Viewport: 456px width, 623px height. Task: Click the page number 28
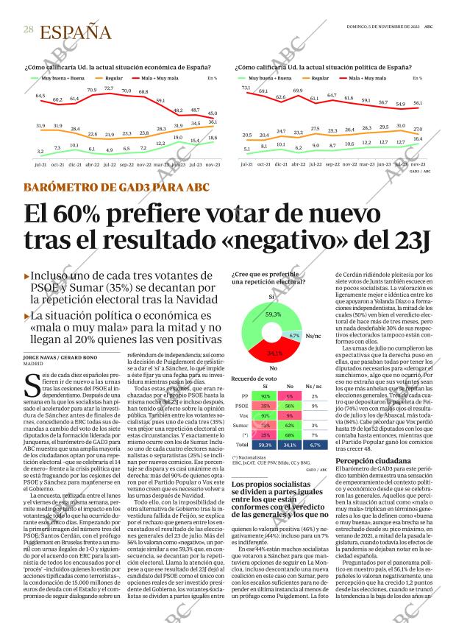pos(28,29)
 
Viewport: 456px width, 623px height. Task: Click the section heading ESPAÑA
pos(75,32)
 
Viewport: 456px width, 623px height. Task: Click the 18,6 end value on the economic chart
pos(213,138)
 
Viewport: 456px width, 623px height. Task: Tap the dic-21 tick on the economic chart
pos(75,166)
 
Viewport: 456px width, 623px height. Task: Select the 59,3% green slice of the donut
pos(273,314)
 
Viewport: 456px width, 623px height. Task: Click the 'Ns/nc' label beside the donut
pos(315,336)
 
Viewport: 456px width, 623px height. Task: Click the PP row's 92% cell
pos(265,395)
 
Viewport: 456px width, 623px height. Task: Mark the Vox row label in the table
pos(244,415)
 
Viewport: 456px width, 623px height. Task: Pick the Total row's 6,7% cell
pos(315,445)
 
